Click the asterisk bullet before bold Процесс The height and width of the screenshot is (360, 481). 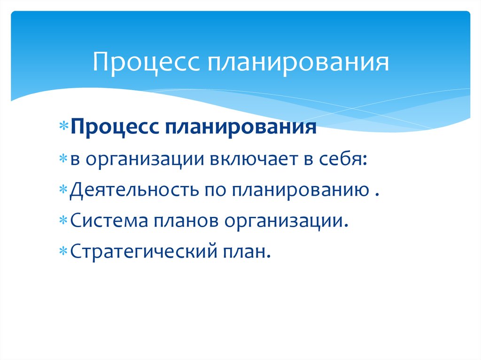click(x=63, y=128)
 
